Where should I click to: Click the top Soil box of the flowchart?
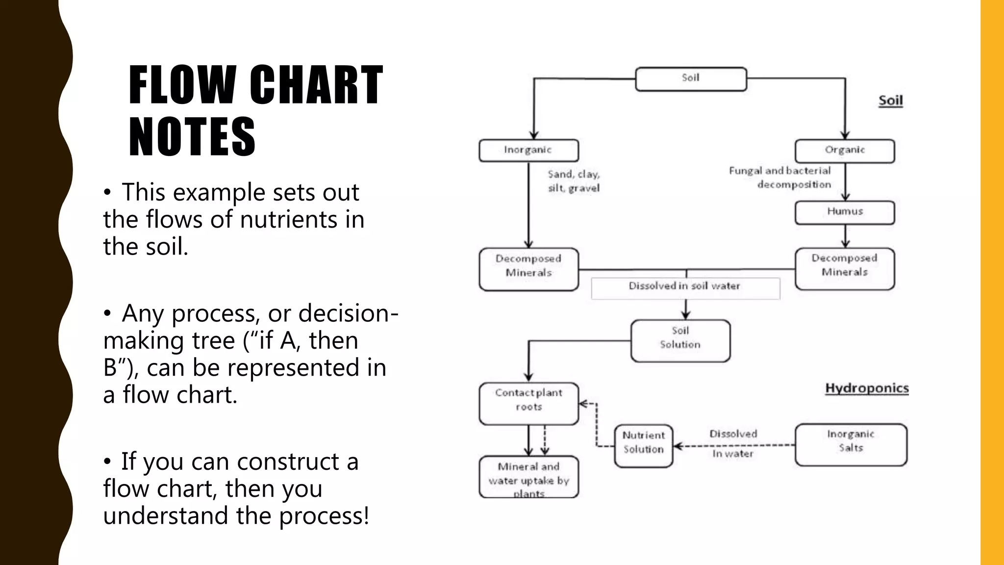tap(691, 79)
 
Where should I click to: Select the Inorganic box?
tap(528, 150)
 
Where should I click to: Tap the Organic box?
tap(845, 151)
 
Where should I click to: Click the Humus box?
tap(845, 212)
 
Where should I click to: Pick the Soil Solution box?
tap(680, 340)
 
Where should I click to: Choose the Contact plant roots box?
tap(528, 403)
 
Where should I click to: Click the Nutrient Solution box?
tap(643, 445)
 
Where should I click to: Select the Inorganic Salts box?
tap(851, 444)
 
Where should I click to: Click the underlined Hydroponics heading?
tap(867, 388)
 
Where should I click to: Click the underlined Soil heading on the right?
tap(890, 101)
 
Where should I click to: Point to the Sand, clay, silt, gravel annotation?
tap(574, 181)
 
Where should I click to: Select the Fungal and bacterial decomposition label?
tap(780, 178)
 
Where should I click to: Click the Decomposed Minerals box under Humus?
tap(845, 269)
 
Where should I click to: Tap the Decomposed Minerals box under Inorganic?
tap(528, 269)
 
